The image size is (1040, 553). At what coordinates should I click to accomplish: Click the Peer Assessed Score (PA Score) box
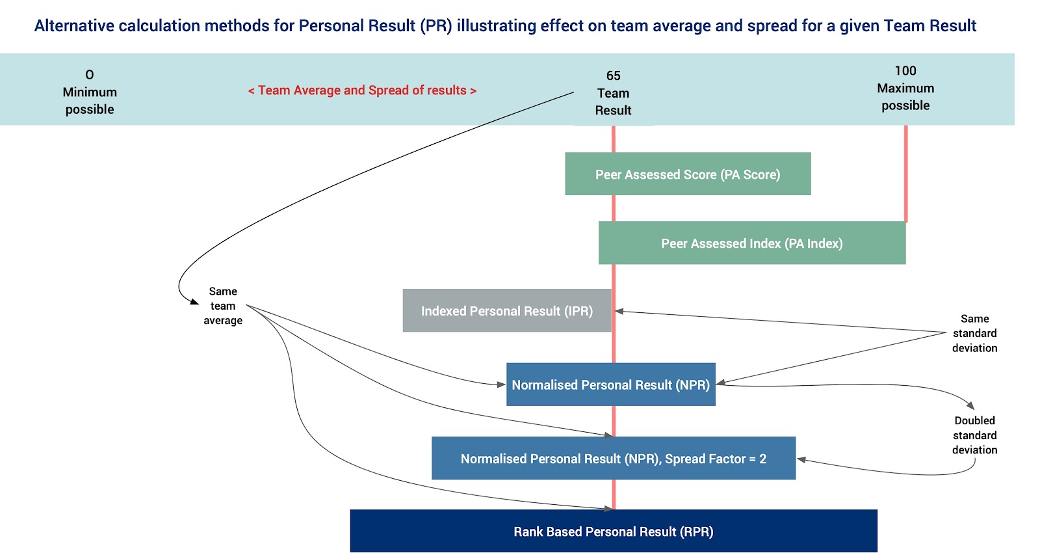(688, 174)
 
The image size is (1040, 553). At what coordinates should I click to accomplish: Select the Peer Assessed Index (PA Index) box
(751, 243)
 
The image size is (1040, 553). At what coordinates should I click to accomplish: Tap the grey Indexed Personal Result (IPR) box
(507, 310)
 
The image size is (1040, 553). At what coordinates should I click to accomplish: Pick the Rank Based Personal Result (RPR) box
(614, 531)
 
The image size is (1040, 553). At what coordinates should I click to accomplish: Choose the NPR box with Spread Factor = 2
(614, 458)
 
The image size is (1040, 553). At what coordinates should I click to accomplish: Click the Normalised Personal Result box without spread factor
(610, 384)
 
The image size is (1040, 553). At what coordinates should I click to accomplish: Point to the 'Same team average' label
(223, 306)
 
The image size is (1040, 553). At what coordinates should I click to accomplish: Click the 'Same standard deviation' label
(974, 333)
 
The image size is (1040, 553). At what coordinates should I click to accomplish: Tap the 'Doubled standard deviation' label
(974, 435)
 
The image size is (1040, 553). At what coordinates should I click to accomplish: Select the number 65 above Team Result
(614, 75)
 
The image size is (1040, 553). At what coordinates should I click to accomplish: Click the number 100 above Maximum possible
(905, 71)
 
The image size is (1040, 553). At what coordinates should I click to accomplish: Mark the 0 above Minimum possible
(90, 74)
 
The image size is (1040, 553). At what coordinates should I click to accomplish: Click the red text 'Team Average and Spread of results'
(362, 90)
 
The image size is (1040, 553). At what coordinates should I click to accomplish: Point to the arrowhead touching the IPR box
(619, 312)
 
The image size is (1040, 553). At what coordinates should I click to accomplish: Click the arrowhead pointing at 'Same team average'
(194, 302)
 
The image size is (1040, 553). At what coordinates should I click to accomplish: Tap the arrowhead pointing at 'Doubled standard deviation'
(970, 406)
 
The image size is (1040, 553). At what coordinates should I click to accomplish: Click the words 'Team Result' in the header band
(614, 101)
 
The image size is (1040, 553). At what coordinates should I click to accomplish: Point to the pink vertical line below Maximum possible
(906, 173)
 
